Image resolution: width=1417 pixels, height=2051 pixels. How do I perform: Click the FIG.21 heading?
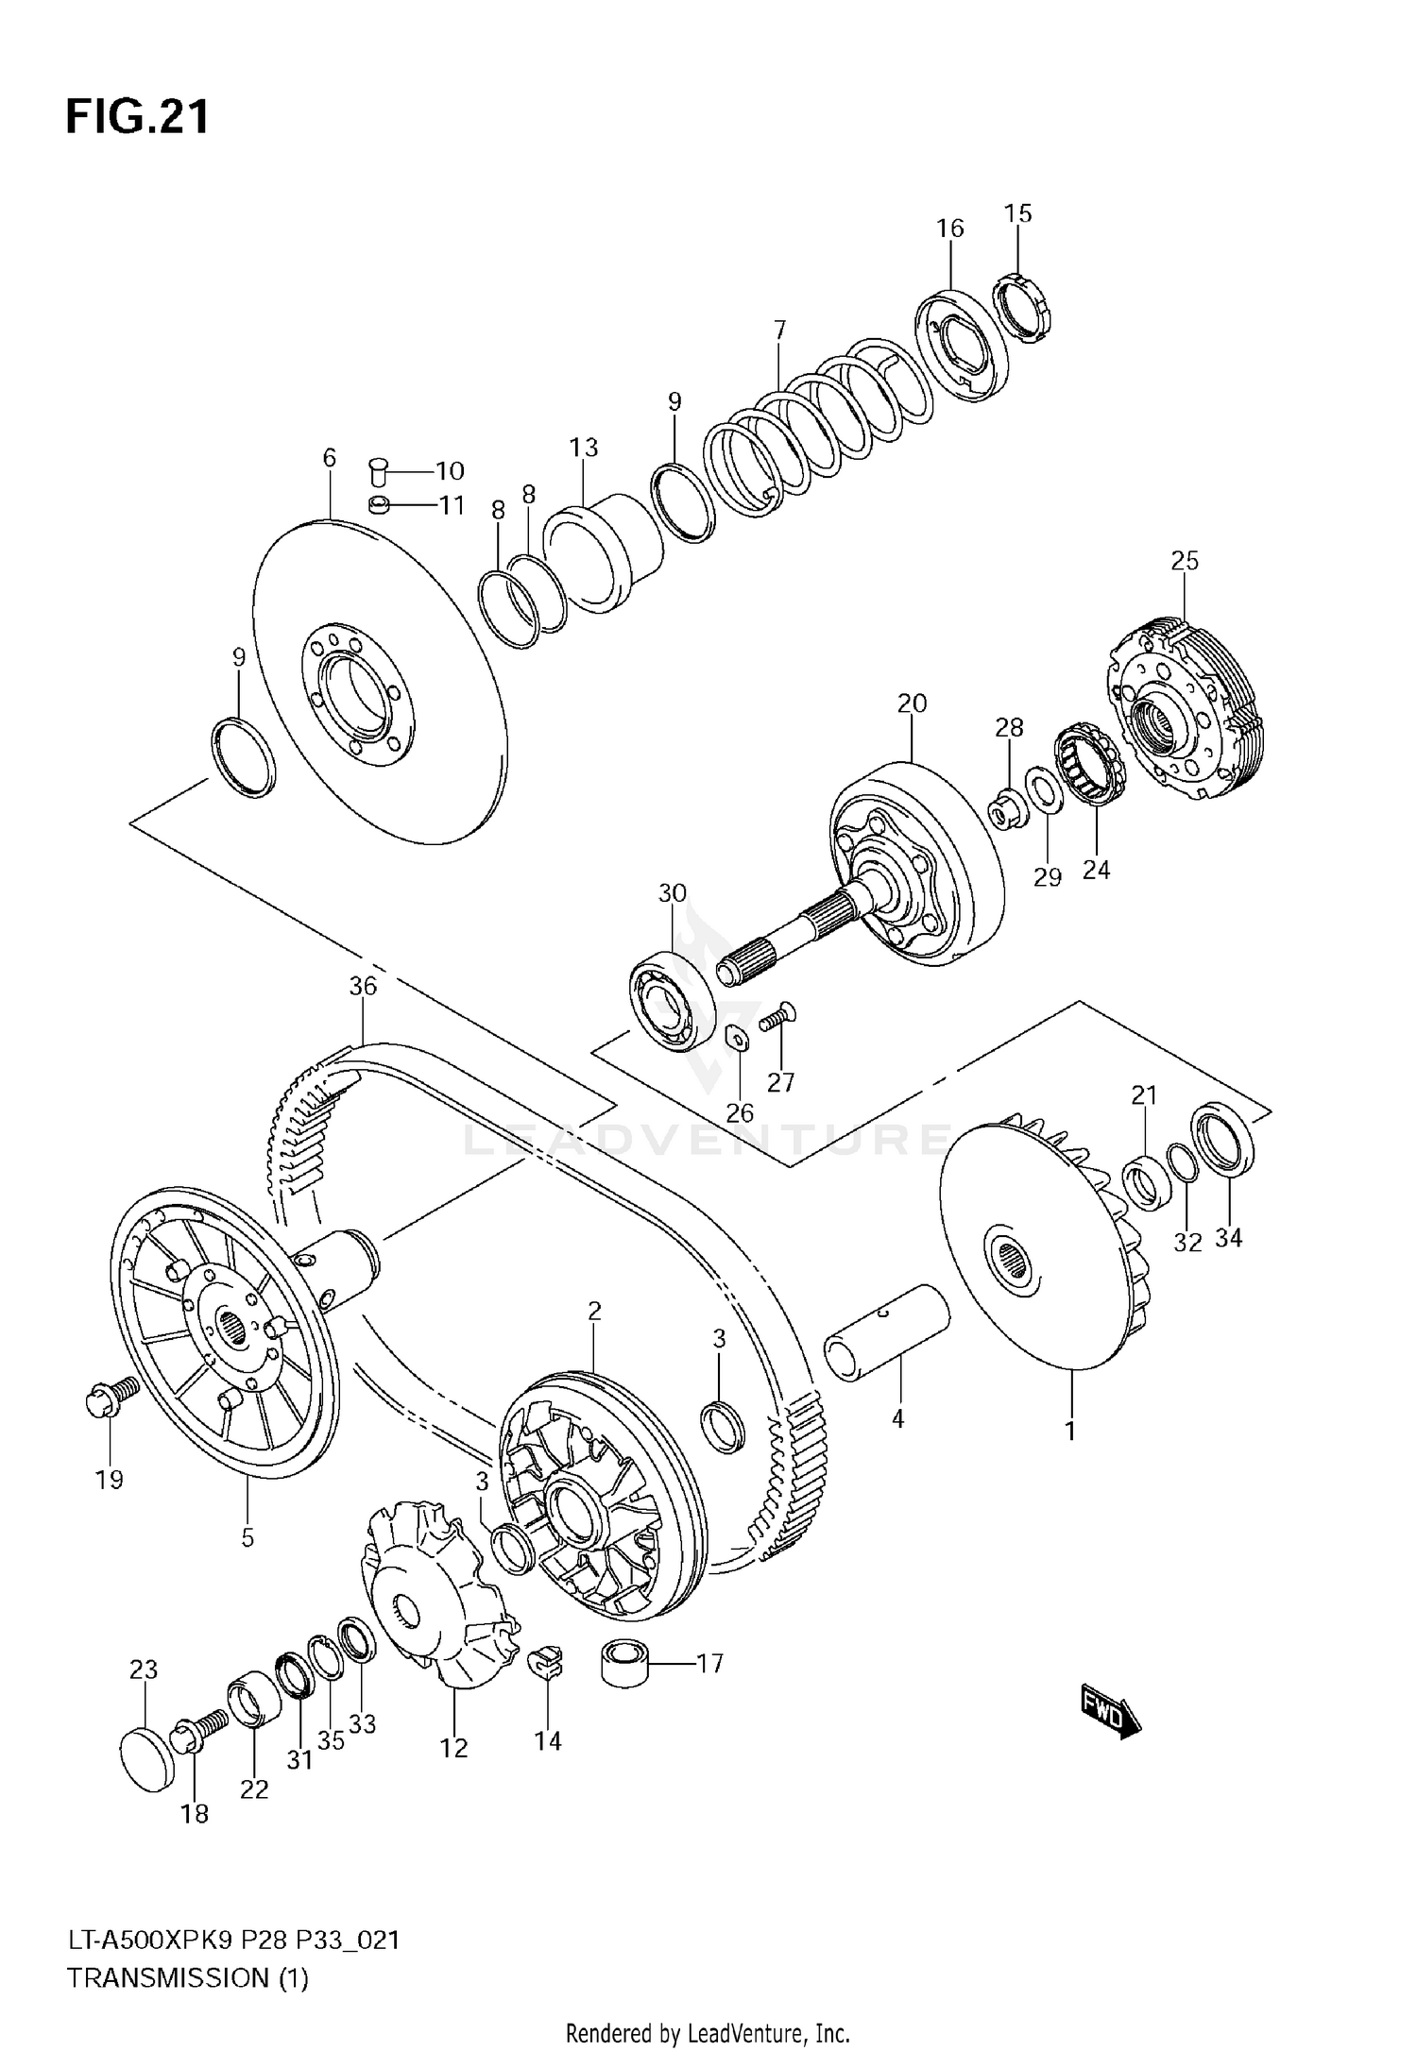click(137, 117)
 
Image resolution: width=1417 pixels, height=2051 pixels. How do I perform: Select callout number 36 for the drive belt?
click(363, 986)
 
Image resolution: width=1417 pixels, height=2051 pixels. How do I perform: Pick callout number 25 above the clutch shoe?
click(1184, 561)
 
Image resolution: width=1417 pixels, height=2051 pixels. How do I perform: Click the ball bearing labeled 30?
click(672, 1006)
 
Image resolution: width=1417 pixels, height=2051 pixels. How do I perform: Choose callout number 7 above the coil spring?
click(778, 331)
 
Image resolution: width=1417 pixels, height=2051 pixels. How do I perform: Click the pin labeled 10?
click(380, 469)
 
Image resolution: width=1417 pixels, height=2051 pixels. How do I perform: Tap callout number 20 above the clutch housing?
click(912, 703)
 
